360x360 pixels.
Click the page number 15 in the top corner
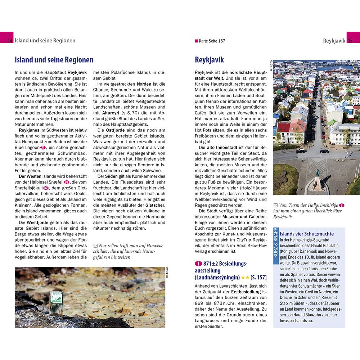point(350,41)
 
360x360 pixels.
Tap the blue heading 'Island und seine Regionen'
point(54,60)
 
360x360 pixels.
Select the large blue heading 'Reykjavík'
point(209,60)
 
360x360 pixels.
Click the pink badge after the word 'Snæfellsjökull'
point(46,188)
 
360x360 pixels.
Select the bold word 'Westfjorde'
point(39,222)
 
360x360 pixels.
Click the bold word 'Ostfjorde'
point(115,130)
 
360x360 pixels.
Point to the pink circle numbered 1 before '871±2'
point(197,264)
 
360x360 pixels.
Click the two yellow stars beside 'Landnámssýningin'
point(245,278)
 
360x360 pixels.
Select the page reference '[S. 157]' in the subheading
point(258,278)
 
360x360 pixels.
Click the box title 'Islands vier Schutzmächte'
point(307,234)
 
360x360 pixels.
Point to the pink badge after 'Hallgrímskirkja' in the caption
point(342,205)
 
